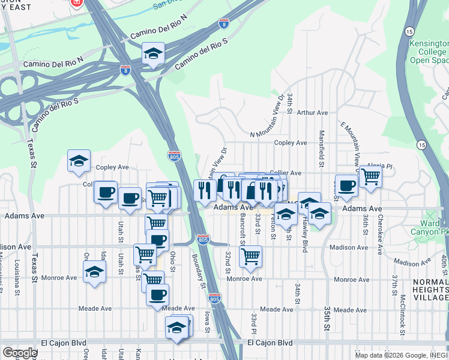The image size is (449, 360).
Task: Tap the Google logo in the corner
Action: [20, 353]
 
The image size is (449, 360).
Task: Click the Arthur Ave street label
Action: [313, 112]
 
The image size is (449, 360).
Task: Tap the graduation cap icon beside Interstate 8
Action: [154, 54]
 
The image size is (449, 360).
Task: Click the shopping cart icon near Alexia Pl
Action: [371, 176]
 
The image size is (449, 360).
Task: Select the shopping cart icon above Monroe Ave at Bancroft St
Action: [250, 256]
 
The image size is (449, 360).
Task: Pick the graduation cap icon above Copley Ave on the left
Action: [79, 161]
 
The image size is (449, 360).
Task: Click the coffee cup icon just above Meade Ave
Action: [157, 295]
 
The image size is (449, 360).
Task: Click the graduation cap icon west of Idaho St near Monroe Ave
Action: [94, 272]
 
